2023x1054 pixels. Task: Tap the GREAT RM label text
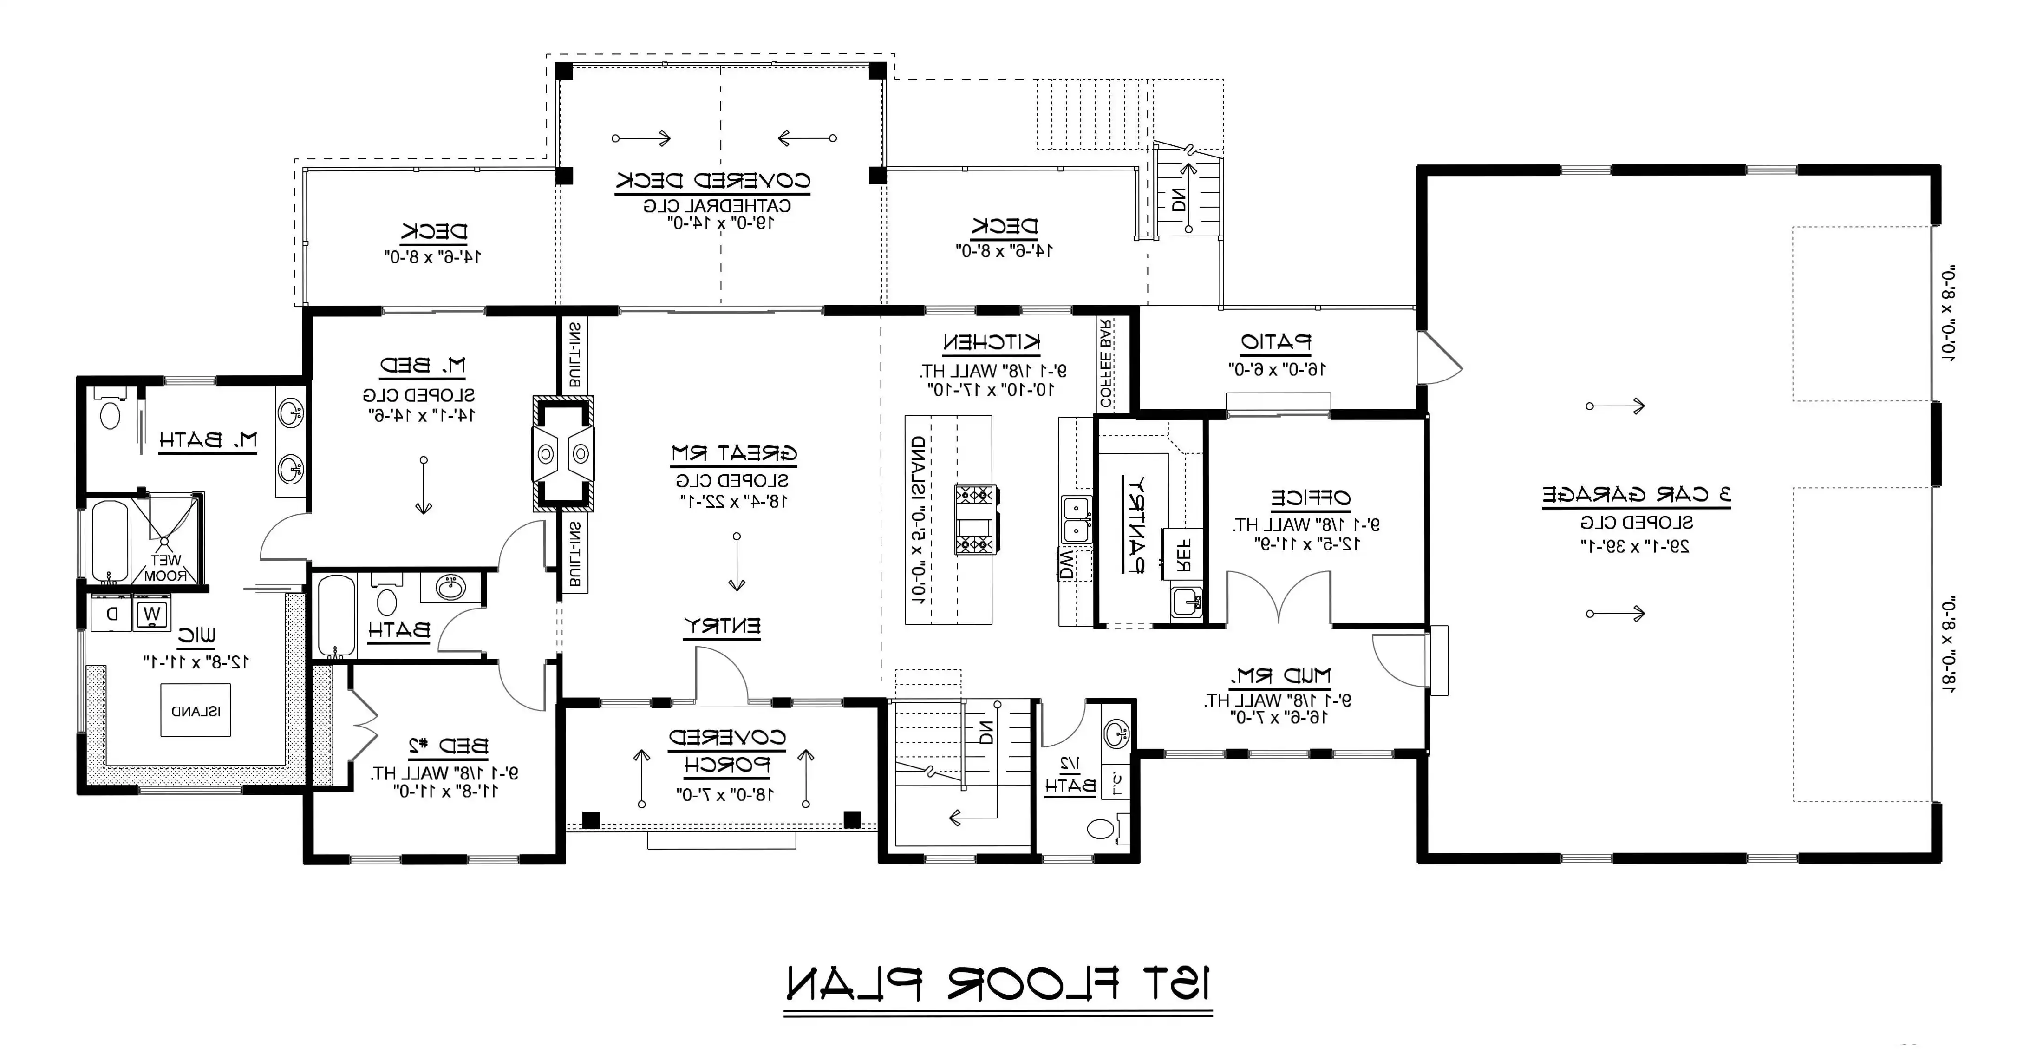(733, 453)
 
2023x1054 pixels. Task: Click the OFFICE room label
(1310, 498)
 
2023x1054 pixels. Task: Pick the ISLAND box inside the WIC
(196, 711)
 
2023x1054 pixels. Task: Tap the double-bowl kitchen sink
(1076, 520)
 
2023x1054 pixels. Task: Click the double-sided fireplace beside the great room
(563, 453)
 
